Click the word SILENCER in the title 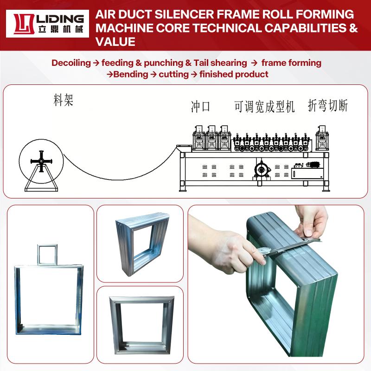(x=184, y=14)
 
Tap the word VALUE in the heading (x=115, y=42)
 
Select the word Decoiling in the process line (x=71, y=63)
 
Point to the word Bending (x=131, y=74)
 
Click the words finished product (x=234, y=74)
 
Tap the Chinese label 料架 (x=64, y=100)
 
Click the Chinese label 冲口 (x=200, y=107)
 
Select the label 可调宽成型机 (x=264, y=107)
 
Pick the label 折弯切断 (x=328, y=106)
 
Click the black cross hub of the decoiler (x=41, y=161)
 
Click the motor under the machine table (x=262, y=169)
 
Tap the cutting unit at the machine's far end (x=322, y=138)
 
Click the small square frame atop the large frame (x=47, y=255)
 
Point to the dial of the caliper (x=262, y=251)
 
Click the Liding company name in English (x=60, y=19)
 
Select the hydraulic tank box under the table (x=307, y=173)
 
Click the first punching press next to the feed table (x=199, y=138)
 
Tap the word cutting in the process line (x=173, y=74)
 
